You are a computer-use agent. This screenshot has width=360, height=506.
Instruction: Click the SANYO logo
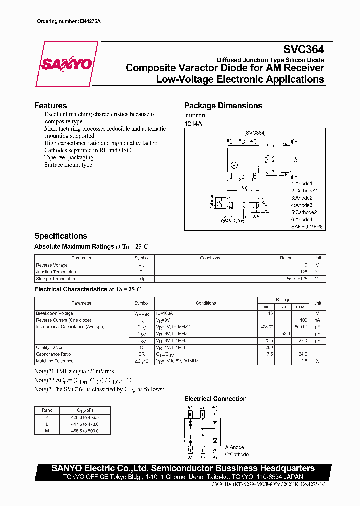click(66, 64)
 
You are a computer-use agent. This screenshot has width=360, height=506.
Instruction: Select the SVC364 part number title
click(304, 49)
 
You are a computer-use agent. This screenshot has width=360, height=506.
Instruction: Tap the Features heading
click(50, 106)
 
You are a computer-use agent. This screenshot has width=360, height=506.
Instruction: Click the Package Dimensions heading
click(223, 106)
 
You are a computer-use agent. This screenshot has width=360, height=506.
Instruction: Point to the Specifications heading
click(60, 236)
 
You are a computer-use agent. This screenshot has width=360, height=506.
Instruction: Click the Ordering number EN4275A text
click(69, 22)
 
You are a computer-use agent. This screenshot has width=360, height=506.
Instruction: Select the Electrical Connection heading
click(215, 399)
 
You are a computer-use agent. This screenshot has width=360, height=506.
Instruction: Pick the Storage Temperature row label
click(56, 279)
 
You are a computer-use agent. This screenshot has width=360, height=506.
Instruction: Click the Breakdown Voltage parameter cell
click(54, 313)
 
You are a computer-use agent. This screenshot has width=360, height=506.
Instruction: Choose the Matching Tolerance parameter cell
click(55, 361)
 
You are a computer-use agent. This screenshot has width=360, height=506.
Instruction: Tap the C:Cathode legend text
click(237, 454)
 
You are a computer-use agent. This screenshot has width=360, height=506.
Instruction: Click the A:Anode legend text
click(235, 447)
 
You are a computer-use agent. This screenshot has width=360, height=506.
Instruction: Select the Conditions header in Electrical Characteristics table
click(206, 303)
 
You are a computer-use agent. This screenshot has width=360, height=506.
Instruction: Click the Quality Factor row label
click(49, 347)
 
